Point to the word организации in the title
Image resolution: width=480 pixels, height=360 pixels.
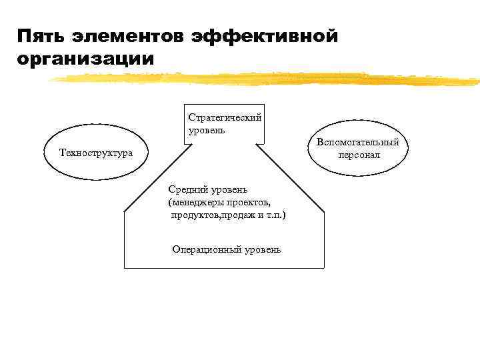point(86,59)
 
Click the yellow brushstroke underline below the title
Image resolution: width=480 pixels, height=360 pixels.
point(267,78)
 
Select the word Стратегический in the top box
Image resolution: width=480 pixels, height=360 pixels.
point(225,117)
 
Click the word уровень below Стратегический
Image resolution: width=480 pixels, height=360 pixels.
point(207,129)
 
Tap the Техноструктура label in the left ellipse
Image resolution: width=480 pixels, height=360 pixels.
point(96,153)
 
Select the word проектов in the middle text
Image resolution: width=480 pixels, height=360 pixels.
point(249,202)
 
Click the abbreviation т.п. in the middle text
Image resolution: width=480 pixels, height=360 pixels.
point(273,215)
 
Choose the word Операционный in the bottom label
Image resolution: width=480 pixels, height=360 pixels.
point(204,249)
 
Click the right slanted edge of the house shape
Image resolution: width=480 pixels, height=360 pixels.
point(289,177)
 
